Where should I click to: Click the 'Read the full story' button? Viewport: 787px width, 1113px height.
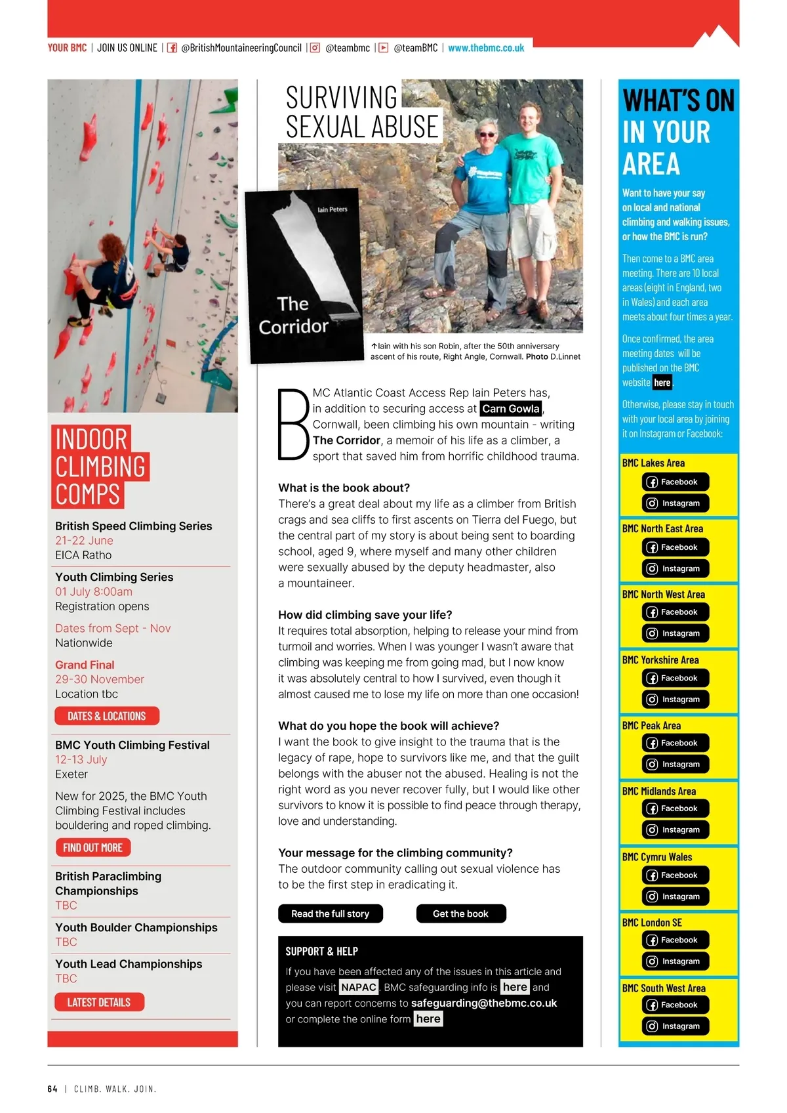click(x=330, y=913)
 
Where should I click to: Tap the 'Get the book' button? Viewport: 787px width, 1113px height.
click(x=460, y=913)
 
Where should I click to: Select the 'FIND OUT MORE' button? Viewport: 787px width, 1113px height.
click(x=93, y=847)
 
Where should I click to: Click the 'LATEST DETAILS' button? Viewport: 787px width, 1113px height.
click(x=99, y=1002)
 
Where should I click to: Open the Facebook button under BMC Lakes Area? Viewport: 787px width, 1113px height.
click(x=676, y=482)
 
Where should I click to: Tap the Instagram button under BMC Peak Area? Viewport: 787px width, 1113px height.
click(x=676, y=764)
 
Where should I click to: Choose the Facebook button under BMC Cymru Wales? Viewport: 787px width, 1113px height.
click(x=676, y=875)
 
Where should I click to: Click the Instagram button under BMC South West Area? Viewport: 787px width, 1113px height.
click(x=676, y=1026)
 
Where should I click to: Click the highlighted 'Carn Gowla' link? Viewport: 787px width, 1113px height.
click(x=511, y=409)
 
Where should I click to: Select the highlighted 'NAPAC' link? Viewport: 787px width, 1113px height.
click(x=359, y=987)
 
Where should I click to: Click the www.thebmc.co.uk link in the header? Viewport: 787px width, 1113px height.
click(x=486, y=48)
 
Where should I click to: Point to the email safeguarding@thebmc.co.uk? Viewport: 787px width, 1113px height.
click(x=484, y=1003)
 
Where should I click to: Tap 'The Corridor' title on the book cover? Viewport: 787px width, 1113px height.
click(x=293, y=316)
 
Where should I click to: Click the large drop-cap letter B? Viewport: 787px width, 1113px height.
click(x=293, y=425)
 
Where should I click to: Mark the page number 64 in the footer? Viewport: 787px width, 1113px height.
click(x=52, y=1089)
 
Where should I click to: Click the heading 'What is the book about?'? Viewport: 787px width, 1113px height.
click(x=344, y=488)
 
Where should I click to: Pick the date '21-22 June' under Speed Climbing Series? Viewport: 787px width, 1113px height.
click(x=84, y=540)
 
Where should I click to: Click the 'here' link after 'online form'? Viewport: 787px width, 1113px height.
click(x=428, y=1018)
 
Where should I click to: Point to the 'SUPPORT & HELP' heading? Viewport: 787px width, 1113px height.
click(x=321, y=951)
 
